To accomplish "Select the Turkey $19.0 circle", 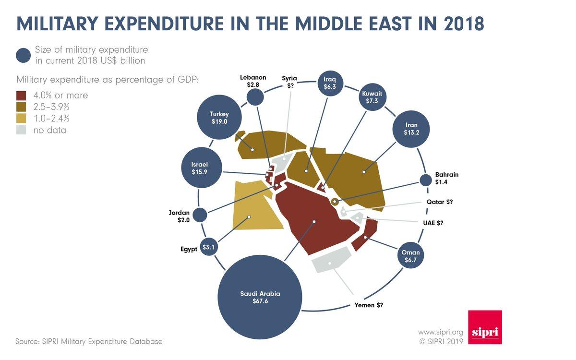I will [219, 118].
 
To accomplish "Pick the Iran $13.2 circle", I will [412, 128].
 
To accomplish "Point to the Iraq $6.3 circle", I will [329, 84].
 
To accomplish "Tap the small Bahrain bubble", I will [425, 180].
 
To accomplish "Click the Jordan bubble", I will [200, 215].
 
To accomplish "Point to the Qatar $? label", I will [440, 202].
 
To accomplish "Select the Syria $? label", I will [289, 82].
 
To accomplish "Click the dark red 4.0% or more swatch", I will [21, 95].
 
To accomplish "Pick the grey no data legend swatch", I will [21, 130].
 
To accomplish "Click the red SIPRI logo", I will [485, 327].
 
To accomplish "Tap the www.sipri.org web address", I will [440, 332].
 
